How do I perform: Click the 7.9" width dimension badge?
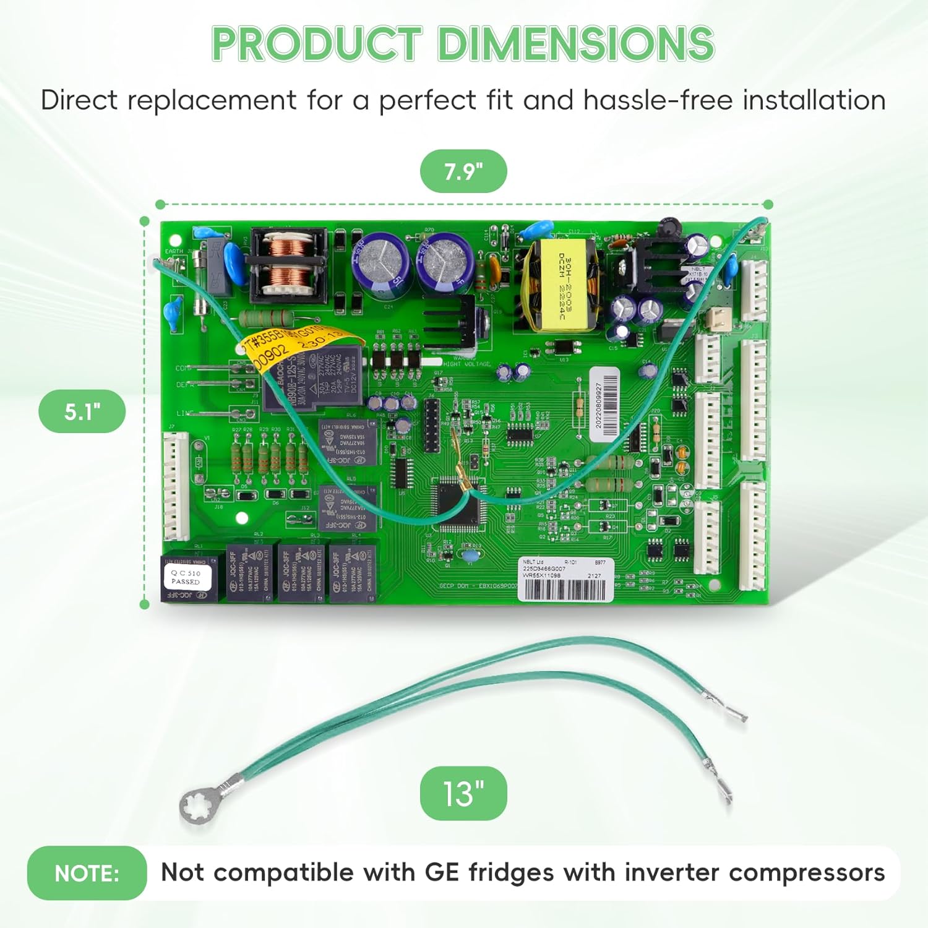click(463, 171)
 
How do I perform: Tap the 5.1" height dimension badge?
click(82, 411)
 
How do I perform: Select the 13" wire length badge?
click(463, 793)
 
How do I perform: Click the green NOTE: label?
click(87, 873)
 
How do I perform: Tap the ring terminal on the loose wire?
click(199, 804)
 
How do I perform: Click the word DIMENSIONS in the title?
click(576, 45)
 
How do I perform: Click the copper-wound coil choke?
click(288, 262)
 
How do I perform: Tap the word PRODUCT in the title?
click(317, 45)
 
